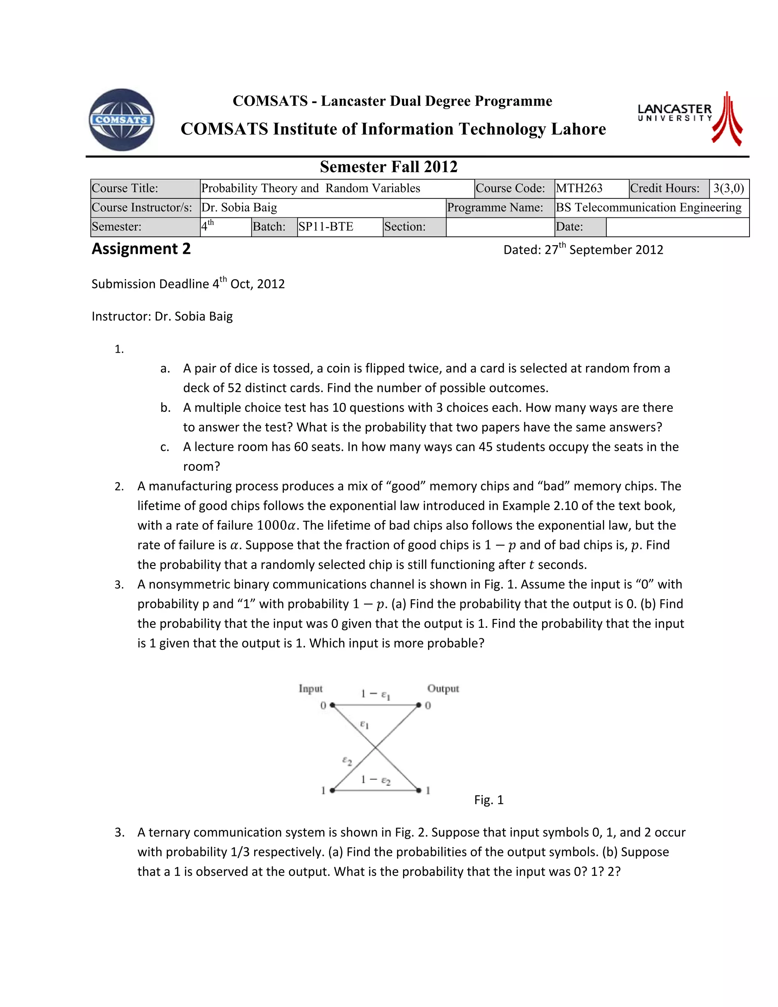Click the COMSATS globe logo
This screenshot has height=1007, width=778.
pyautogui.click(x=122, y=120)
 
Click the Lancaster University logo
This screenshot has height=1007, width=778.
pyautogui.click(x=689, y=118)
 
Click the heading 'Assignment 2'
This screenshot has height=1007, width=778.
pyautogui.click(x=141, y=249)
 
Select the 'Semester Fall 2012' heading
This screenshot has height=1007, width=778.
pyautogui.click(x=389, y=167)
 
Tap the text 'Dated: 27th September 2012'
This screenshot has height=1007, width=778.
pyautogui.click(x=583, y=249)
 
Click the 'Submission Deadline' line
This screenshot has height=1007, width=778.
pyautogui.click(x=188, y=283)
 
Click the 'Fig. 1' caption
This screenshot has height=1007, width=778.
pyautogui.click(x=489, y=800)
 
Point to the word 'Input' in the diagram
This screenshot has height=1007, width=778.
pyautogui.click(x=310, y=689)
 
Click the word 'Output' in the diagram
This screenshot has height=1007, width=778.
pyautogui.click(x=443, y=689)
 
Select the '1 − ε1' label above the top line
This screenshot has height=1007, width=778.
pyautogui.click(x=376, y=694)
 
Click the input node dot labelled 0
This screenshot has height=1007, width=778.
pyautogui.click(x=332, y=705)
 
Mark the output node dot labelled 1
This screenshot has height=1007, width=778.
pyautogui.click(x=419, y=790)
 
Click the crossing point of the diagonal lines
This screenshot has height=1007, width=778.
pyautogui.click(x=376, y=747)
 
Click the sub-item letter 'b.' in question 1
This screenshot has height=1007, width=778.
pyautogui.click(x=166, y=408)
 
